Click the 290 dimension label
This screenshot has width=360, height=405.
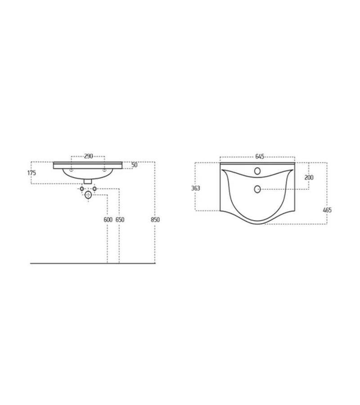tap(88, 156)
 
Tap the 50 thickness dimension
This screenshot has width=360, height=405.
tap(134, 165)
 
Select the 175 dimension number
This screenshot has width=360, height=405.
tap(32, 173)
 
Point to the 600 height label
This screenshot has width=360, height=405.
tap(108, 220)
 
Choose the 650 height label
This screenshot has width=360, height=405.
tap(120, 220)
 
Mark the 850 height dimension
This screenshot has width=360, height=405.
tap(155, 220)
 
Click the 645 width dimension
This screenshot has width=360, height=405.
tap(260, 156)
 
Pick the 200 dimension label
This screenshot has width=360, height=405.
tap(309, 177)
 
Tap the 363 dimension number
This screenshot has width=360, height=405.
tap(195, 188)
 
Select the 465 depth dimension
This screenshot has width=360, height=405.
tap(327, 210)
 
